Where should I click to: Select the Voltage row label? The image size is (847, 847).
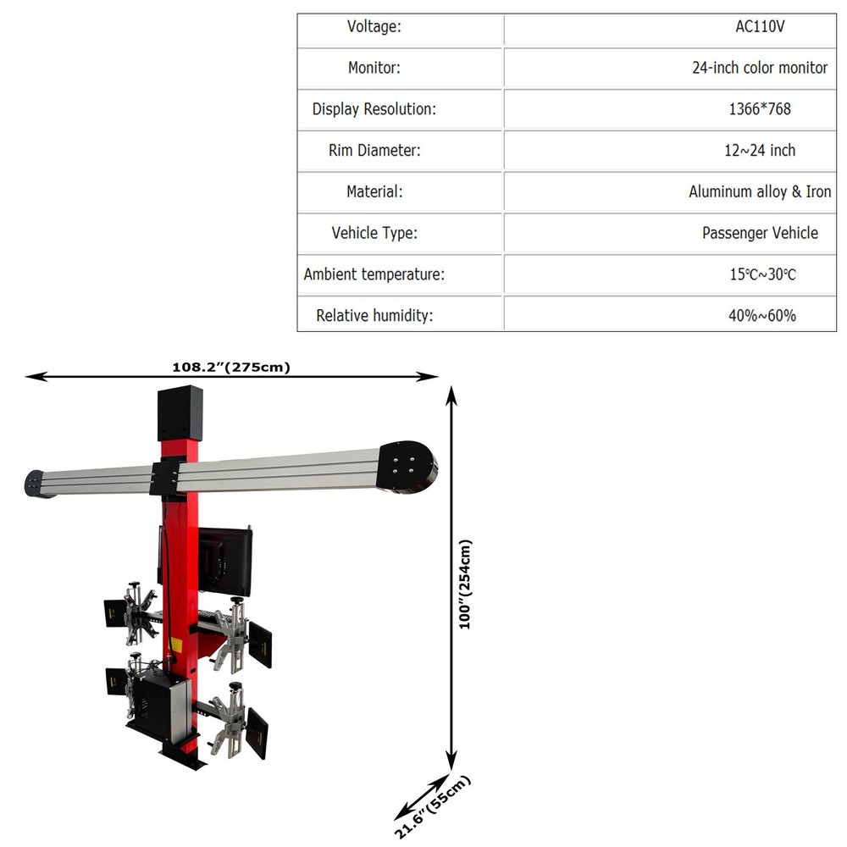pos(374,26)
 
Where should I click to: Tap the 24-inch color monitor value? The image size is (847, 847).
pos(760,68)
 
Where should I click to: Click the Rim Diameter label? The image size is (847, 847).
pos(374,151)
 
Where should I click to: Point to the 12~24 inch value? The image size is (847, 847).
pos(760,150)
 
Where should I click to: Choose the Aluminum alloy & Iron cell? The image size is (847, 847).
pos(760,191)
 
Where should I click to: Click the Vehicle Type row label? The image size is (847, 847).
pos(374,233)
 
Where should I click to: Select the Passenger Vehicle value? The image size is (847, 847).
pos(760,233)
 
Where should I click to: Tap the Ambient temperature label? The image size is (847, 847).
pos(374,274)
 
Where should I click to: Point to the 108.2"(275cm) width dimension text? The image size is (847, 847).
pos(231,367)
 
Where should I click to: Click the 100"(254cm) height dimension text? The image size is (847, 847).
pos(464,584)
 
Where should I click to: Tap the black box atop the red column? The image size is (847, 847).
pos(180,412)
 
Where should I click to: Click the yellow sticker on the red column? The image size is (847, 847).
pos(176,645)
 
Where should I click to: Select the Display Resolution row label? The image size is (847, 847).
pos(374,109)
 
